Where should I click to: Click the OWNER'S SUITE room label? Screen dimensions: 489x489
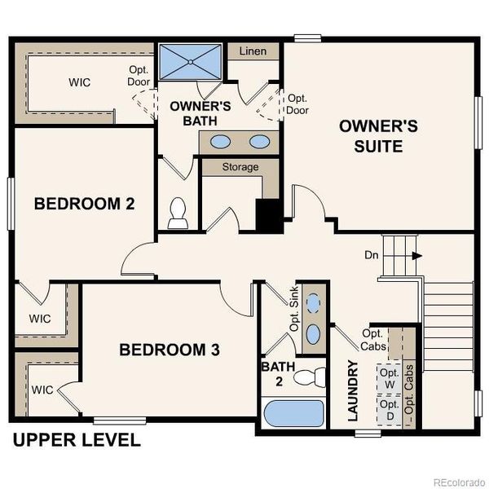pyautogui.click(x=368, y=136)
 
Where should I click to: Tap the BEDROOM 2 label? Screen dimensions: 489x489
pyautogui.click(x=84, y=203)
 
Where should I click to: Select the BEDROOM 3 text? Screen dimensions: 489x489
pyautogui.click(x=170, y=350)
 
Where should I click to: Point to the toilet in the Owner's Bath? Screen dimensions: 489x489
pyautogui.click(x=177, y=214)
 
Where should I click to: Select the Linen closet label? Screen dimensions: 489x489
pyautogui.click(x=253, y=51)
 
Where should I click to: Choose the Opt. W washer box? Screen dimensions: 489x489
pyautogui.click(x=389, y=377)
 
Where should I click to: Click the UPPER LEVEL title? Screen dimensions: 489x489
pyautogui.click(x=77, y=441)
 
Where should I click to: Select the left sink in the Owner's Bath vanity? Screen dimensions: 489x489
pyautogui.click(x=220, y=142)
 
